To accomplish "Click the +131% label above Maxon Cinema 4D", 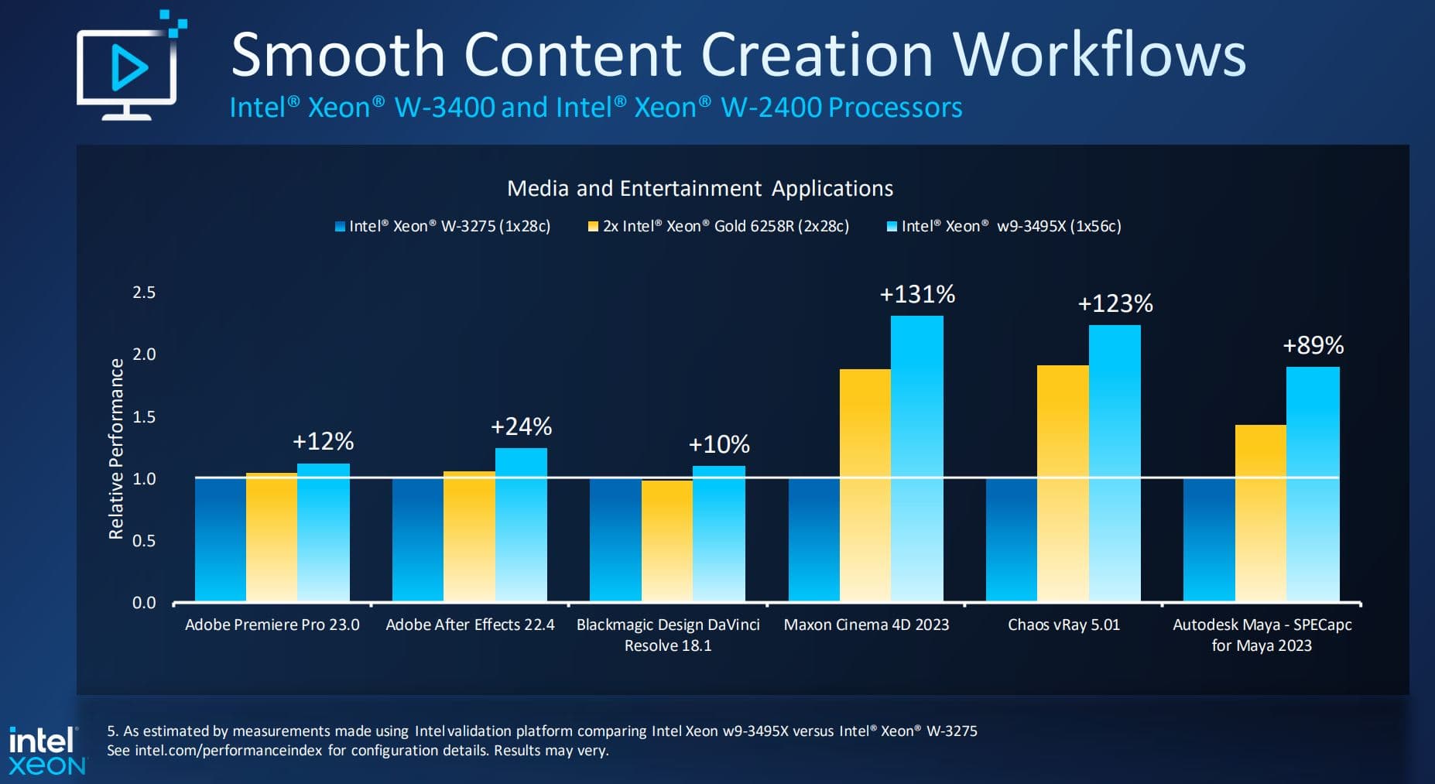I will pos(917,295).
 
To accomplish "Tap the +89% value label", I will pos(1313,345).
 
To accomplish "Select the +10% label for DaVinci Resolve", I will pos(718,444).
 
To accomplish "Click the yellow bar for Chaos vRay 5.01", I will pos(1062,483).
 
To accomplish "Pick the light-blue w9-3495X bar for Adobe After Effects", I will pos(521,524).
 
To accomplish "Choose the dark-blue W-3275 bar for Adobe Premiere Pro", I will pos(220,539).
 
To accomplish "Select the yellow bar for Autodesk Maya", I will pos(1260,512).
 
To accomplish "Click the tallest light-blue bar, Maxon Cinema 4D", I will pos(916,458).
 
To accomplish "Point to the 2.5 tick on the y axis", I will pos(144,293).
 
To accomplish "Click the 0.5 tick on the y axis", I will pos(144,541).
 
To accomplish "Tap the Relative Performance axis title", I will pos(116,449).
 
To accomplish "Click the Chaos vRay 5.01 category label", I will pos(1063,625).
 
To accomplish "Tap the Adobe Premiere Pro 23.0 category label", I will pos(272,625).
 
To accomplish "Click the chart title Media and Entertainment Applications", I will pos(700,189).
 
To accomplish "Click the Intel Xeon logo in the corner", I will pos(46,751).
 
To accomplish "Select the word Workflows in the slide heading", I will pos(1099,55).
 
